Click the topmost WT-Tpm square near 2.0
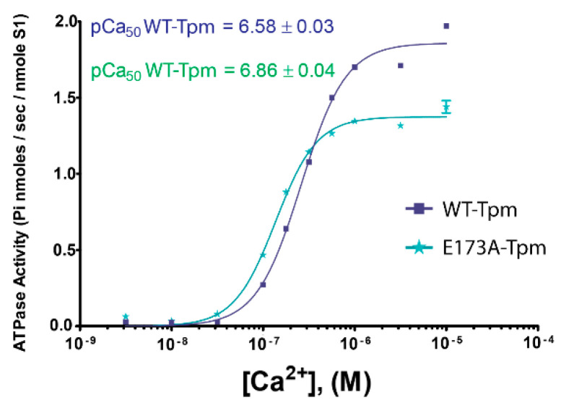[x=446, y=26]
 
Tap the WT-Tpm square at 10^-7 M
[x=263, y=284]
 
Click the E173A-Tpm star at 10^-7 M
[x=263, y=255]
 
